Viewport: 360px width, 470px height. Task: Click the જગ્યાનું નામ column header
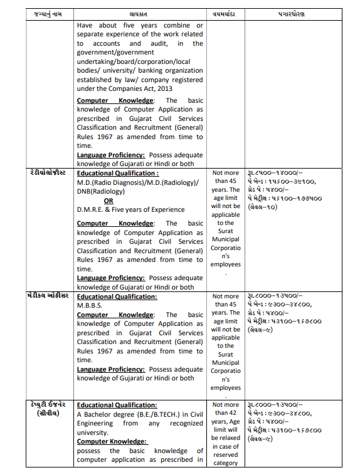coord(48,13)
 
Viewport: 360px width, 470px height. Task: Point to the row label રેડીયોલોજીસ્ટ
coord(48,172)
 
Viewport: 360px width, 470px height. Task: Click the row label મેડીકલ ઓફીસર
coord(48,296)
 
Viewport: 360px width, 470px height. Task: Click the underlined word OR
coord(109,201)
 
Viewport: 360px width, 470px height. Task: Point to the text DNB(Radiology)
coord(104,191)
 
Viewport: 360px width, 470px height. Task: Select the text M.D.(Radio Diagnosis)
coord(108,182)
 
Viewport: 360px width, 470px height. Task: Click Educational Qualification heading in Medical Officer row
coord(117,296)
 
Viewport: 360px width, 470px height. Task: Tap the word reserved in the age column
coord(225,455)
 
